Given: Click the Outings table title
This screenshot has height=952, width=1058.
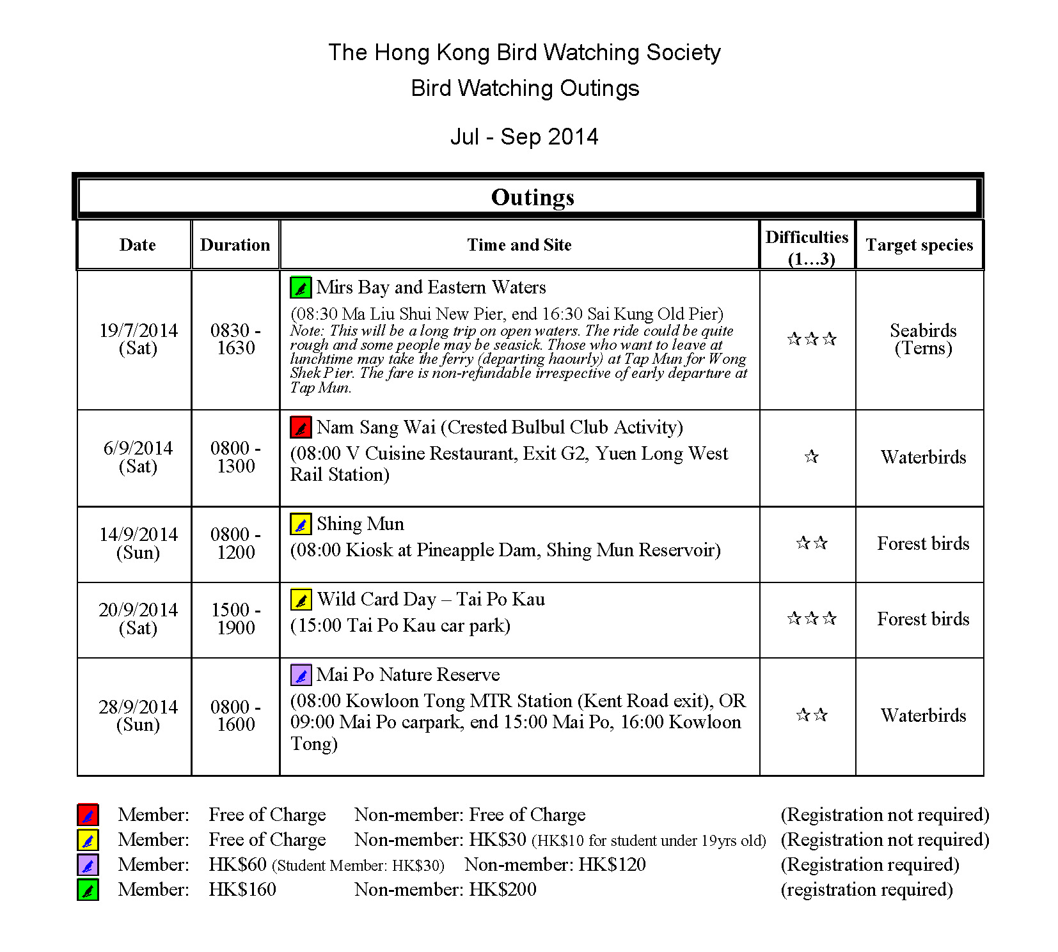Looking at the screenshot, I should click(532, 197).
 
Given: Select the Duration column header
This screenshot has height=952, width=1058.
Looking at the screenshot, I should click(235, 245).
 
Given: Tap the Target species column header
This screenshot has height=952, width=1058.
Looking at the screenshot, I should click(919, 245).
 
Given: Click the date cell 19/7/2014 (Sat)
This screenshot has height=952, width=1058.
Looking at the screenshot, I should click(138, 339).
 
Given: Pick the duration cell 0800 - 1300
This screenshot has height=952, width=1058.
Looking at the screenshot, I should click(235, 456).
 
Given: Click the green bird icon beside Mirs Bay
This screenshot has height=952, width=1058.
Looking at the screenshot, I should click(301, 288).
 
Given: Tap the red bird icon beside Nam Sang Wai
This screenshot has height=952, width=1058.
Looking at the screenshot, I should click(301, 427).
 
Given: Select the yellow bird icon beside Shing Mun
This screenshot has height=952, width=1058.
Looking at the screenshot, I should click(301, 524).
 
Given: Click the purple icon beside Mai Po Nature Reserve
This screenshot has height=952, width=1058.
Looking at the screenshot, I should click(301, 675).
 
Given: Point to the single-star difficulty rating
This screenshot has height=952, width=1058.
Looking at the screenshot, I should click(811, 456).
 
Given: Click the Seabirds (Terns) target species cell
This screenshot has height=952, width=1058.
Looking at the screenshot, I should click(923, 339).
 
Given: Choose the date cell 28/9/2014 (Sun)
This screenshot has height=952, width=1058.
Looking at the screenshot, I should click(138, 715).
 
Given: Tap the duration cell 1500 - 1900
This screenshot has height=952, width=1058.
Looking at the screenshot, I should click(235, 618).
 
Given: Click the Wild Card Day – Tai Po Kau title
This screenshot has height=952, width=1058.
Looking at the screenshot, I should click(431, 599).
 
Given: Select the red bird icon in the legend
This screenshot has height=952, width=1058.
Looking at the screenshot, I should click(88, 815).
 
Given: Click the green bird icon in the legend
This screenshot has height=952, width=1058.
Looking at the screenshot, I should click(88, 890).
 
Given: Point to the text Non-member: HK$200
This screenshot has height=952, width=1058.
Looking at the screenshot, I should click(445, 889).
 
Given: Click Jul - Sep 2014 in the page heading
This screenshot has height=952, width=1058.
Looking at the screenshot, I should click(525, 137).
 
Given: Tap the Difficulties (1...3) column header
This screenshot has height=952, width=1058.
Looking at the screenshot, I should click(807, 247).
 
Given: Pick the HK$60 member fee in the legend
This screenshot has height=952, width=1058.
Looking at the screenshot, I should click(237, 864).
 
